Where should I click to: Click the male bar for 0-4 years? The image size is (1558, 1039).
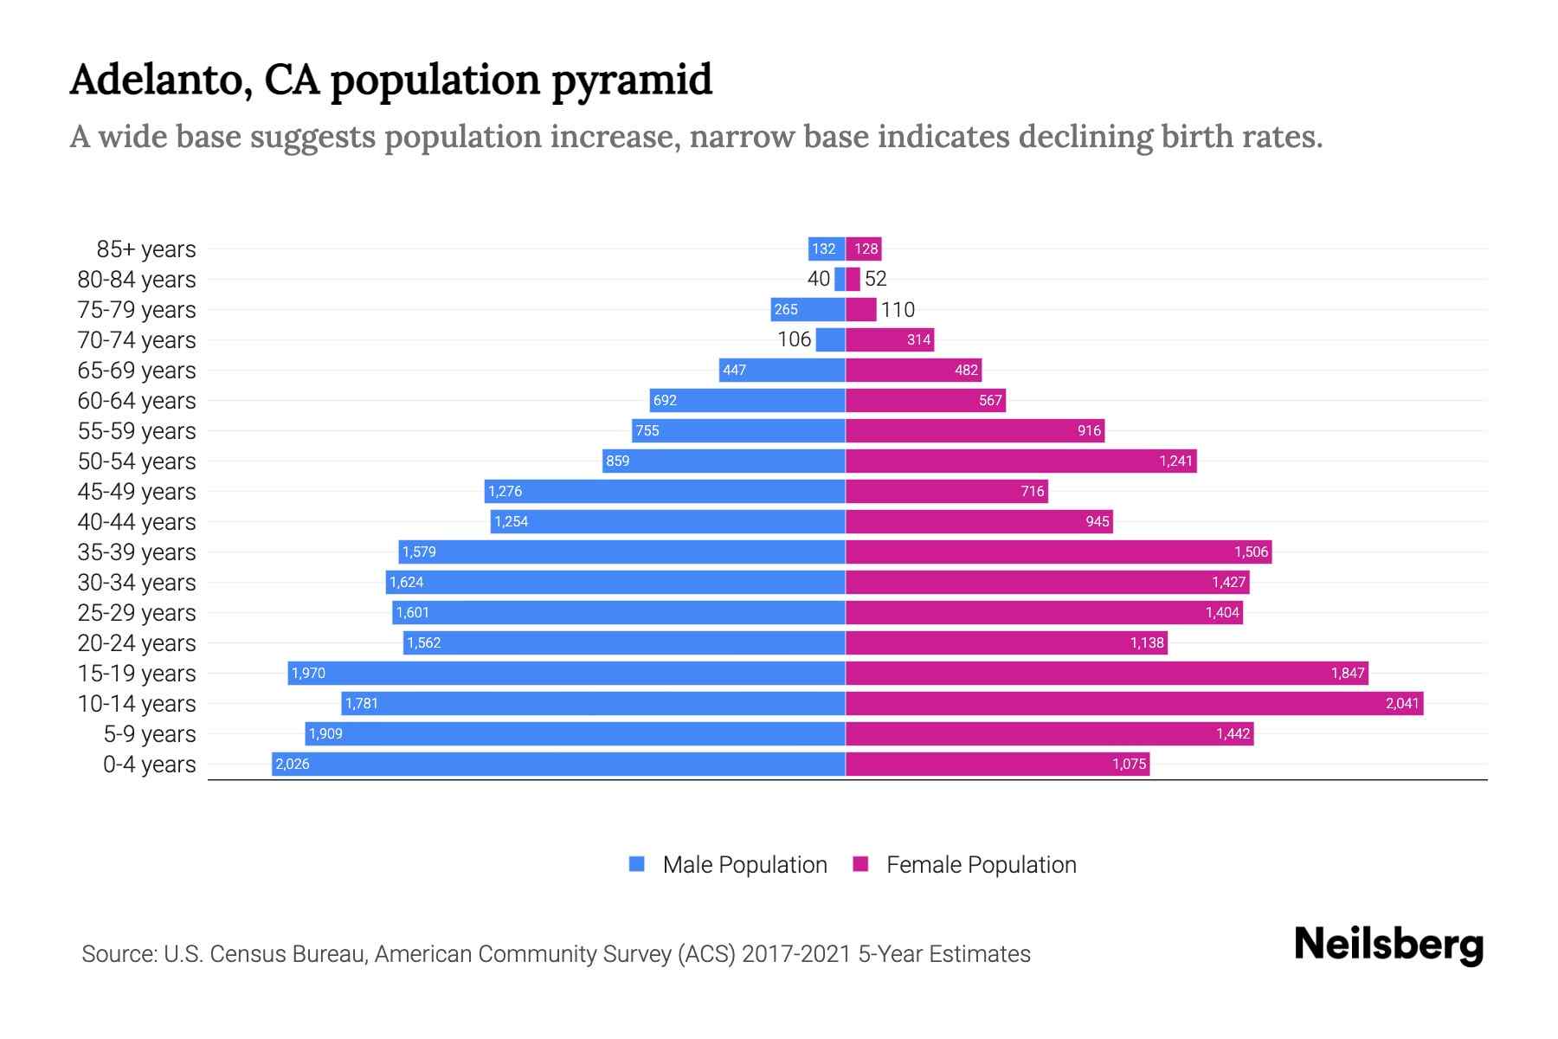(558, 764)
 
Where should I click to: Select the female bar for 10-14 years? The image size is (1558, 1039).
(1134, 703)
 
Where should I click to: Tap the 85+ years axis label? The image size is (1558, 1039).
(145, 249)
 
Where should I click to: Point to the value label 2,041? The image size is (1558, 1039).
(1402, 703)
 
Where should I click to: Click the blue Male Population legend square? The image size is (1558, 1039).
(637, 864)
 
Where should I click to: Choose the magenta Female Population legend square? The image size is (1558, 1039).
(860, 864)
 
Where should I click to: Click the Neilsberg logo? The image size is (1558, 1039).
(1388, 945)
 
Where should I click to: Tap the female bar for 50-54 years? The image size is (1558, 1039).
(1021, 461)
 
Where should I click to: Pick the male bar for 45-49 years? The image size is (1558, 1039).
(665, 491)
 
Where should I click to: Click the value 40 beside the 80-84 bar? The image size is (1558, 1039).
(818, 279)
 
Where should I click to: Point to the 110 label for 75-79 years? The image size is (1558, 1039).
(898, 309)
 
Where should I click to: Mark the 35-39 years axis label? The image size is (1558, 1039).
(137, 552)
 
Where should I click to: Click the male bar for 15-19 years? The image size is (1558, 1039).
(567, 673)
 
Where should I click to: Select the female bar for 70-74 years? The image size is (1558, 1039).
(890, 339)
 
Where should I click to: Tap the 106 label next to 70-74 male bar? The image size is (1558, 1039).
(794, 339)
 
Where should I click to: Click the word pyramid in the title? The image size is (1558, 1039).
(631, 80)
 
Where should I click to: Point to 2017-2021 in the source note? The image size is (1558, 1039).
(795, 954)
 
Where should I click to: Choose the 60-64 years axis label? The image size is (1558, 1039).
(137, 401)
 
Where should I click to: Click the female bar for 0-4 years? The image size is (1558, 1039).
(997, 764)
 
